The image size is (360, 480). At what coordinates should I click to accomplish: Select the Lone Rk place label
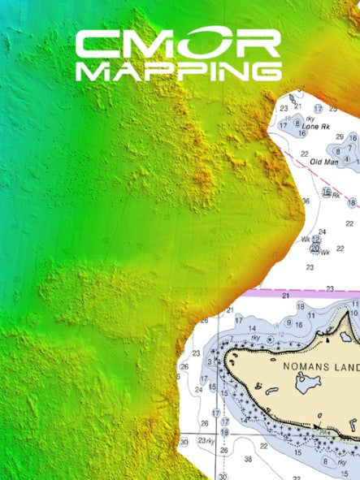(x=314, y=127)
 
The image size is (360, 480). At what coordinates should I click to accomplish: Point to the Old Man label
(x=323, y=162)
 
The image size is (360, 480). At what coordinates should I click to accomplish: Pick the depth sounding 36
(x=306, y=201)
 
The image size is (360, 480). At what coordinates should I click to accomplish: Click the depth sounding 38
(x=248, y=459)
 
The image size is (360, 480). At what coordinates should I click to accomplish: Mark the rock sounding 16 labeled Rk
(x=327, y=193)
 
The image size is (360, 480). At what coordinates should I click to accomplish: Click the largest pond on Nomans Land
(x=307, y=384)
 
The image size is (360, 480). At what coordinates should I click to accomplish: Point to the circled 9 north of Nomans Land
(x=288, y=322)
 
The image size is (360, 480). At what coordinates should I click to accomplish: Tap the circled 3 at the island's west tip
(x=212, y=360)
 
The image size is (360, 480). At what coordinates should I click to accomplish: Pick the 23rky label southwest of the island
(x=206, y=441)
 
